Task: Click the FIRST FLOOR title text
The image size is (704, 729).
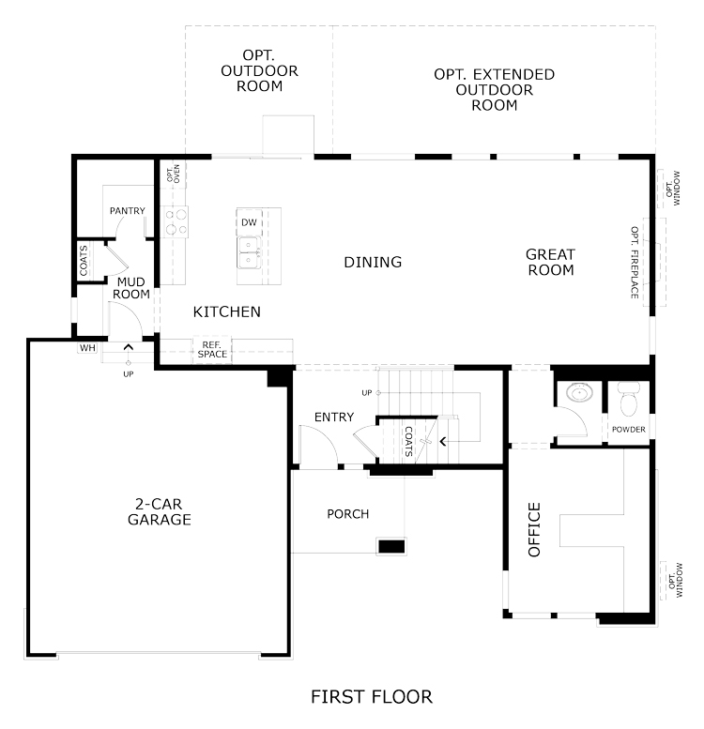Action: (x=372, y=697)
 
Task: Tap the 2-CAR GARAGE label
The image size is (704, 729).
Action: (x=159, y=511)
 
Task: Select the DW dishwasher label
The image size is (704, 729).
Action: (x=249, y=222)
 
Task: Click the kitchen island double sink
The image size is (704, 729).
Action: (x=250, y=252)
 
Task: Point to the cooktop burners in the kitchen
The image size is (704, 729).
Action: (x=176, y=221)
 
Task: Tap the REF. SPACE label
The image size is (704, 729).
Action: (x=212, y=350)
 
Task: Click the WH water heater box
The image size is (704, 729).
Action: (x=87, y=348)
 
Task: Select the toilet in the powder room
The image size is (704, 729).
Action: (x=629, y=400)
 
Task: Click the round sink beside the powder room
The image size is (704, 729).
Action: (x=579, y=393)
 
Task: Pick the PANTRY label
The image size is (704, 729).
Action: (x=128, y=210)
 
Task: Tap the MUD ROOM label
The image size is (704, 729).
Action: (x=131, y=288)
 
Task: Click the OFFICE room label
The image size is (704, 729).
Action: (x=534, y=529)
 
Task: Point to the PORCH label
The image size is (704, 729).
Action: (x=348, y=514)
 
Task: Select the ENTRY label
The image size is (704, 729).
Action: (x=334, y=417)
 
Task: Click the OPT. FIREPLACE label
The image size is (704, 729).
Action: (x=635, y=262)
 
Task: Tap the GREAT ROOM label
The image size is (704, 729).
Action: (x=551, y=262)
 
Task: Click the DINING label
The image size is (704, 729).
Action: (x=373, y=262)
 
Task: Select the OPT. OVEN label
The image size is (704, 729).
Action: (x=174, y=173)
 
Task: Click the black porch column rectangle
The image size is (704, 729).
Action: (x=391, y=547)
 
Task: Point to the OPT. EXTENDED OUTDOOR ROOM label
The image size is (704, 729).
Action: (x=495, y=90)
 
